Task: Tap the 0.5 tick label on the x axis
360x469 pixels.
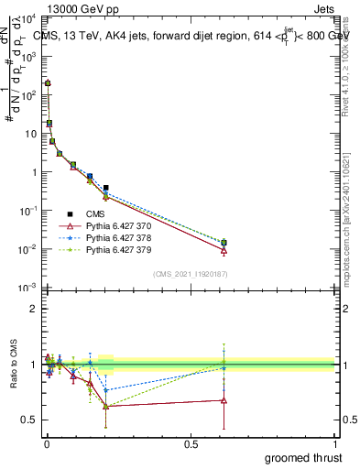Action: [190, 444]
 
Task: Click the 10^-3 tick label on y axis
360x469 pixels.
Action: [27, 288]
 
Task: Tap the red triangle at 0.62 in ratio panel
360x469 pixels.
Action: [224, 400]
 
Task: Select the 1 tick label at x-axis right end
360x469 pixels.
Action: [334, 444]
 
